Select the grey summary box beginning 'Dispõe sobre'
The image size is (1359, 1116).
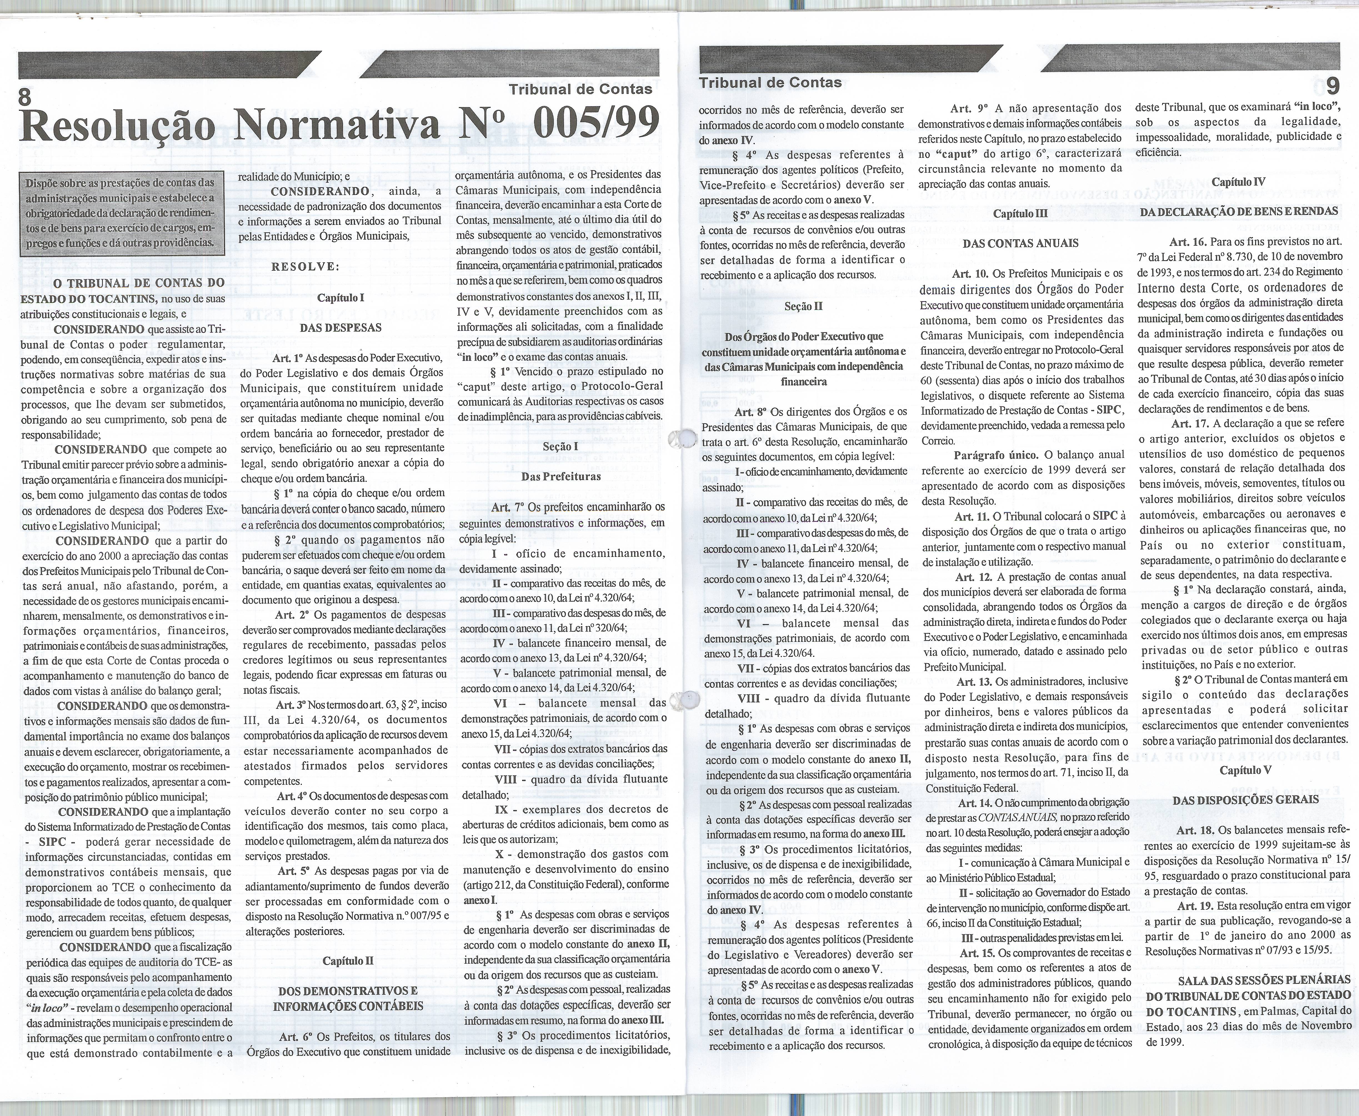click(x=119, y=213)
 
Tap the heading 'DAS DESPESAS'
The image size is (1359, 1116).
click(x=341, y=327)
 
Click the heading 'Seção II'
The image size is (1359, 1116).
click(x=803, y=306)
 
